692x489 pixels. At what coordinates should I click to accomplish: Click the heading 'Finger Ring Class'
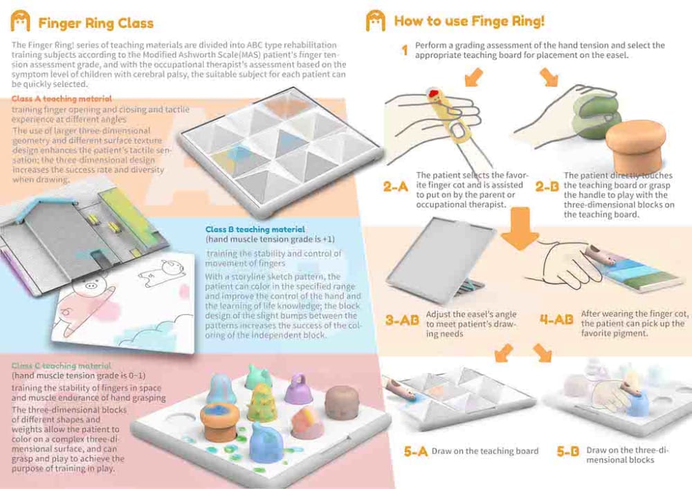[x=95, y=23]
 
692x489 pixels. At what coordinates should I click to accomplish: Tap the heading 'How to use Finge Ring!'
[x=469, y=21]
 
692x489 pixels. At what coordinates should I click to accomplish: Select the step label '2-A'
[x=395, y=187]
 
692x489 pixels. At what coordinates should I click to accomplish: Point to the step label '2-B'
[x=547, y=187]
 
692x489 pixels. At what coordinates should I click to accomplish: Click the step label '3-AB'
[x=402, y=320]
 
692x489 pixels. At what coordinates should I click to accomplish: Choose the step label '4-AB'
[x=556, y=319]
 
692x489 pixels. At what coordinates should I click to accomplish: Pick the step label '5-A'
[x=416, y=451]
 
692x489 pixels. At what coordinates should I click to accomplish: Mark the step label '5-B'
[x=568, y=451]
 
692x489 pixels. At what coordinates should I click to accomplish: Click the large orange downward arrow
[x=520, y=228]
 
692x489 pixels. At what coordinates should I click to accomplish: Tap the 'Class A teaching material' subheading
[x=62, y=99]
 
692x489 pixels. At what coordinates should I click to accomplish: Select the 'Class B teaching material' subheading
[x=255, y=230]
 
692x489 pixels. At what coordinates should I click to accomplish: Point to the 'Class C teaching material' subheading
[x=61, y=365]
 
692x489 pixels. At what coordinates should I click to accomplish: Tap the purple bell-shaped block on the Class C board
[x=298, y=389]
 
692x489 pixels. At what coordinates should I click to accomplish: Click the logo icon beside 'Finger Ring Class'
[x=20, y=21]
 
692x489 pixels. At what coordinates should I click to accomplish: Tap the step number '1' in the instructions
[x=405, y=50]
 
